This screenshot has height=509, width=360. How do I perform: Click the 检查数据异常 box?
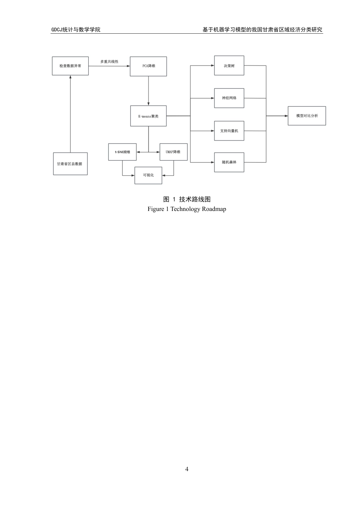[70, 66]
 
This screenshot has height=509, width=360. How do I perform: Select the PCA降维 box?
[148, 66]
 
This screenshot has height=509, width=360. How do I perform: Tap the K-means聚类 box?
[148, 116]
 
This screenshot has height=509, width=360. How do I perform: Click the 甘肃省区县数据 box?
[70, 164]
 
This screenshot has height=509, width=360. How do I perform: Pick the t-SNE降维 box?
[122, 152]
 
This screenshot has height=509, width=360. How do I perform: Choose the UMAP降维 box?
[173, 152]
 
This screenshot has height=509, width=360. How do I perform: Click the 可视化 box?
[148, 175]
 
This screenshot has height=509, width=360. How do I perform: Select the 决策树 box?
[229, 66]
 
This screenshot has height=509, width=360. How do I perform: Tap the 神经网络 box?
[229, 98]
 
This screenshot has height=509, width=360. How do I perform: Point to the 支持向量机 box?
[229, 131]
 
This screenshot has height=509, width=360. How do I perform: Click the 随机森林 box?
[229, 162]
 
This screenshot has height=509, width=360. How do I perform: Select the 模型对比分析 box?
[307, 116]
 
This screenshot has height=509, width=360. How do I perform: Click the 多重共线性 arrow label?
[109, 61]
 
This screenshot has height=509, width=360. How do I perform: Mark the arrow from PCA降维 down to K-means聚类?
[148, 91]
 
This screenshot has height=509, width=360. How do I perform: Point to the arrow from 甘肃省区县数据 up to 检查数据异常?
[70, 114]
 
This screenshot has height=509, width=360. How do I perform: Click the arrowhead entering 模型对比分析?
[286, 116]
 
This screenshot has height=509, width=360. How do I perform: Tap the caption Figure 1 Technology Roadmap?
[187, 209]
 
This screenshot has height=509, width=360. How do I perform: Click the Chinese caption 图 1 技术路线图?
[187, 200]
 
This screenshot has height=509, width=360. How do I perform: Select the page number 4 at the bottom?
[187, 469]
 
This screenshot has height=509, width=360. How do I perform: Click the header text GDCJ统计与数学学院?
[76, 30]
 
